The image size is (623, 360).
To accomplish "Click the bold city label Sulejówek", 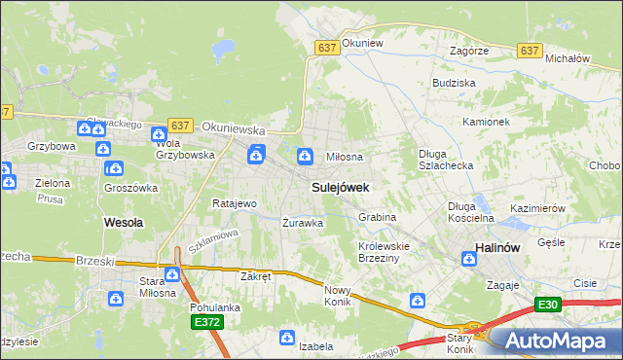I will [x=339, y=186].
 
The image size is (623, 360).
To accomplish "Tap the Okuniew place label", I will [x=364, y=44].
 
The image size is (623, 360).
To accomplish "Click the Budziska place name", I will [x=453, y=84].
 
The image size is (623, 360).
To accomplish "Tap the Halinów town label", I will [x=500, y=248].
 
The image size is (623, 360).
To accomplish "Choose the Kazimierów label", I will [x=537, y=209].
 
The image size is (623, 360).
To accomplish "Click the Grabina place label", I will [x=377, y=217].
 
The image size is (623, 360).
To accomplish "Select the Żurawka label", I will [x=302, y=222].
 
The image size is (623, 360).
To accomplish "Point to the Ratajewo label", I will [x=234, y=204].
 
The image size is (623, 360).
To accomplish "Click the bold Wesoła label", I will [x=124, y=222].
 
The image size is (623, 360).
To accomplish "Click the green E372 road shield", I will [x=205, y=322].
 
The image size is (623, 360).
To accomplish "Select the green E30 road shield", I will [x=548, y=306].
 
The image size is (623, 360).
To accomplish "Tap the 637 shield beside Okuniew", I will [x=326, y=47].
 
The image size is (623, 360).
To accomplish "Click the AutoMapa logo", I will [x=554, y=341].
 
